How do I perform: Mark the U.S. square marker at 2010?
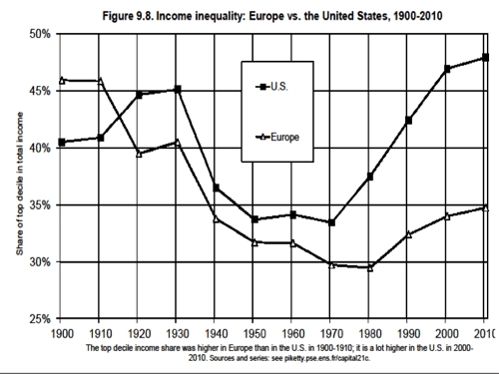pos(485,57)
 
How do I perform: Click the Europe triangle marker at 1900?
pos(61,80)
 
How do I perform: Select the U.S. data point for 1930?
pos(178,89)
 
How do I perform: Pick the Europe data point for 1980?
pos(369,267)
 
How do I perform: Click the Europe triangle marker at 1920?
pos(139,153)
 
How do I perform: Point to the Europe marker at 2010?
pos(485,206)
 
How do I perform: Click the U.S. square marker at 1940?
pos(217,187)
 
